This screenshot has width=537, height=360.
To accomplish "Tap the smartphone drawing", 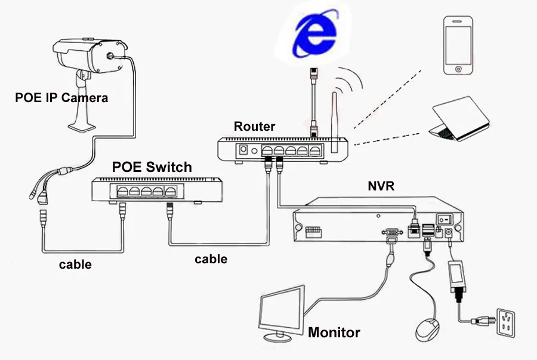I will (x=458, y=45).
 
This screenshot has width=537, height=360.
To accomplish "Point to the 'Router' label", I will (x=255, y=127).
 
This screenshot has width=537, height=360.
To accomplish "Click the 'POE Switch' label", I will (x=152, y=167).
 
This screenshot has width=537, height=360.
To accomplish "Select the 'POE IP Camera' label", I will (x=61, y=98).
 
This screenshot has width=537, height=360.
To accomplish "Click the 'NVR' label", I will (x=381, y=187).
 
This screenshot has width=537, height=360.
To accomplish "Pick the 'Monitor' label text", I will (x=334, y=332).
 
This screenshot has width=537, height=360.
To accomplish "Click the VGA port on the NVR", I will (x=391, y=231).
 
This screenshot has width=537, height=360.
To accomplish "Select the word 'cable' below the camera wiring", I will (x=75, y=263).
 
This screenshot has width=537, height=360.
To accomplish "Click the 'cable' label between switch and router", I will (x=211, y=259).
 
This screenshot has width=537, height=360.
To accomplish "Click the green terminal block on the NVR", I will (x=313, y=230).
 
